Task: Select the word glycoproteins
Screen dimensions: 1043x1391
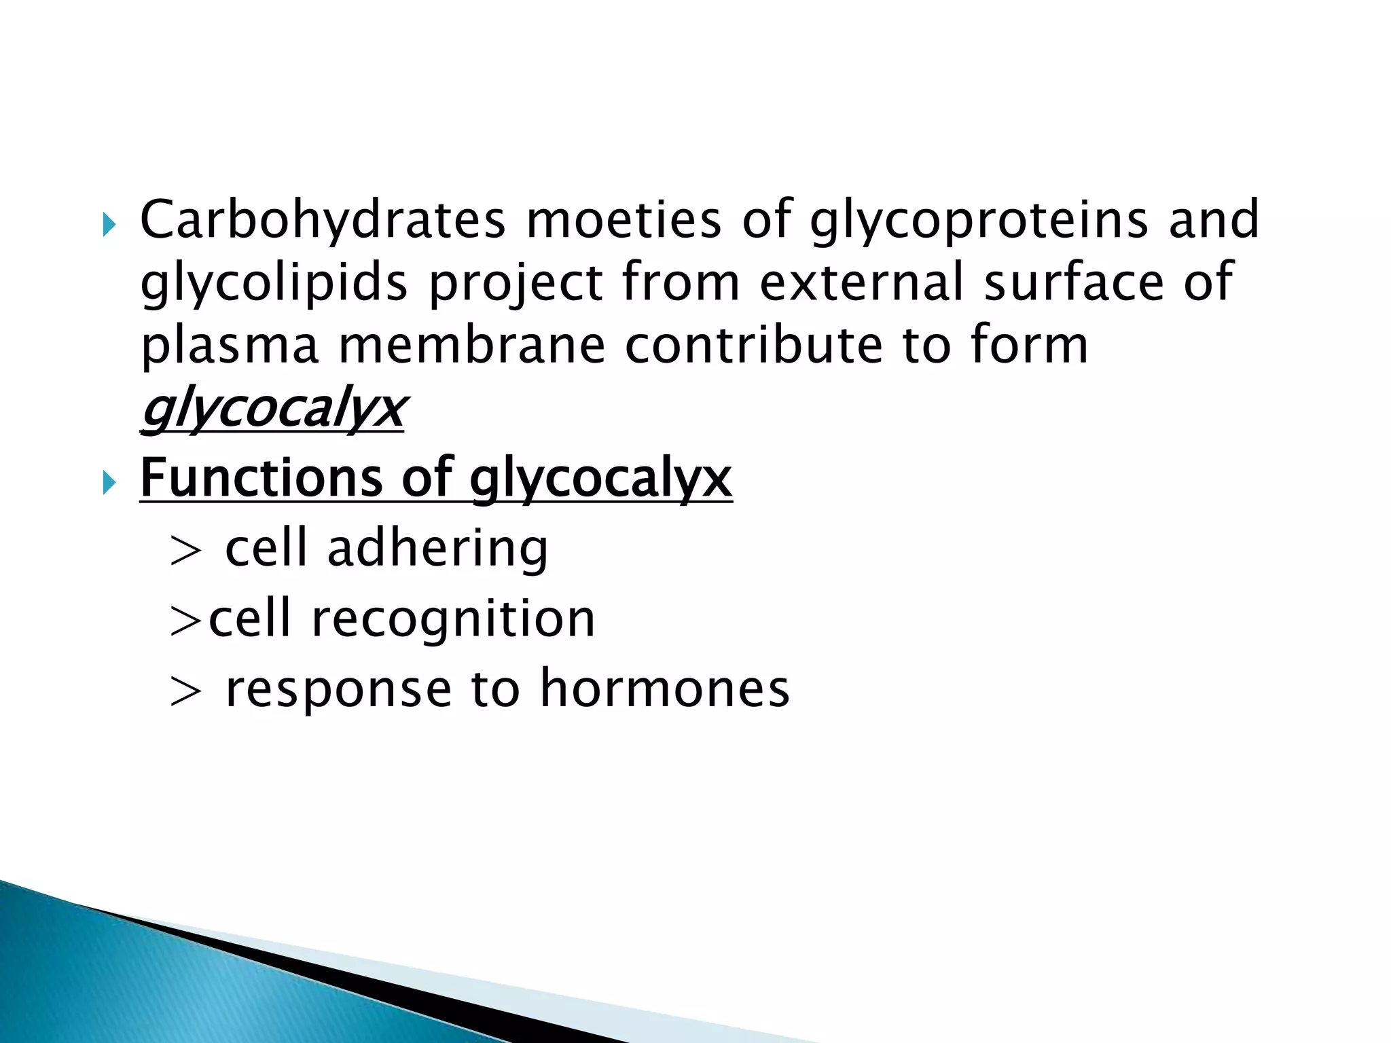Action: pyautogui.click(x=979, y=221)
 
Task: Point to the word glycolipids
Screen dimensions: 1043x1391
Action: pyautogui.click(x=274, y=282)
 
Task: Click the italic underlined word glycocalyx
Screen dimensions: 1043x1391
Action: pyautogui.click(x=272, y=410)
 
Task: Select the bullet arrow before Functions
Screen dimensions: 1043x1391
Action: pyautogui.click(x=109, y=483)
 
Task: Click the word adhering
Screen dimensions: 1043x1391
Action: pyautogui.click(x=437, y=549)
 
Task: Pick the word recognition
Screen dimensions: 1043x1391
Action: pyautogui.click(x=453, y=619)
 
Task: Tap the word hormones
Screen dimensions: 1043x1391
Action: pyautogui.click(x=665, y=689)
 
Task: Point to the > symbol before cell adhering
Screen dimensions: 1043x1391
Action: pyautogui.click(x=185, y=551)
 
